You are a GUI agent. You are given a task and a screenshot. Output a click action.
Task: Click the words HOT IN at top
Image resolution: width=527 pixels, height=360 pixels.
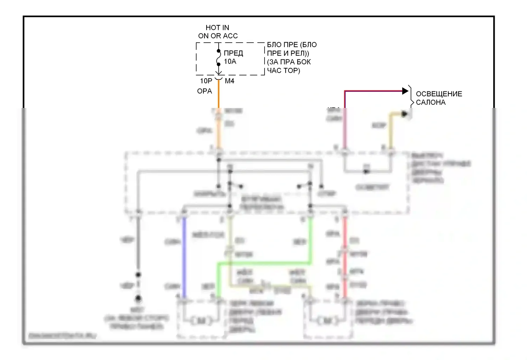(x=217, y=27)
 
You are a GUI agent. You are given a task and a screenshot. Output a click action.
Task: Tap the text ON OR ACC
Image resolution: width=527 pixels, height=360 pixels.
(x=218, y=36)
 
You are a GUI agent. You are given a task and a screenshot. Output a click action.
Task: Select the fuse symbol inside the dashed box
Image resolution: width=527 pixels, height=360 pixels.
(x=219, y=58)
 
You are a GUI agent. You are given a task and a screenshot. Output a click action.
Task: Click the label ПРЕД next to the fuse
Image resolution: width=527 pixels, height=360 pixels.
(x=233, y=53)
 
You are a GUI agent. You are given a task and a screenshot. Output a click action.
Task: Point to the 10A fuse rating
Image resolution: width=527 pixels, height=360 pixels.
(x=230, y=62)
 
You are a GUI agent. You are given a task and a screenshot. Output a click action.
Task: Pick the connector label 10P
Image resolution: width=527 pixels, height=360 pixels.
(x=206, y=81)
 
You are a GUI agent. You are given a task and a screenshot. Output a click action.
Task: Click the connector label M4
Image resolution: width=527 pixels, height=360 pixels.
(x=229, y=81)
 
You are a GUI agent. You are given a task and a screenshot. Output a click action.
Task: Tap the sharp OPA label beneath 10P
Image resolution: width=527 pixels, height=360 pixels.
(x=204, y=91)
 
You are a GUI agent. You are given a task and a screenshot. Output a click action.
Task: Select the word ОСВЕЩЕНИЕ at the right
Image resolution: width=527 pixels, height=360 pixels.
(x=439, y=94)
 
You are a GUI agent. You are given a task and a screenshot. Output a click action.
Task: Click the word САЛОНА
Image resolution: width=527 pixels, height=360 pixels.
(x=430, y=102)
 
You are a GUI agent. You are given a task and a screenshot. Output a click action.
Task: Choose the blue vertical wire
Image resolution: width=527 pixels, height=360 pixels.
(x=183, y=257)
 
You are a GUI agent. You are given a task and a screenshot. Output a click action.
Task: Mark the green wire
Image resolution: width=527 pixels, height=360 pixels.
(x=263, y=263)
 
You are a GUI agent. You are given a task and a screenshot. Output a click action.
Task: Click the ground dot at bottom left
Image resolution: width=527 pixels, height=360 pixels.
(x=138, y=299)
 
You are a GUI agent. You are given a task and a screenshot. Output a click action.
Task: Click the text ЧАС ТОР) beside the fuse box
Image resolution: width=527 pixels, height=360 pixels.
(x=284, y=71)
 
